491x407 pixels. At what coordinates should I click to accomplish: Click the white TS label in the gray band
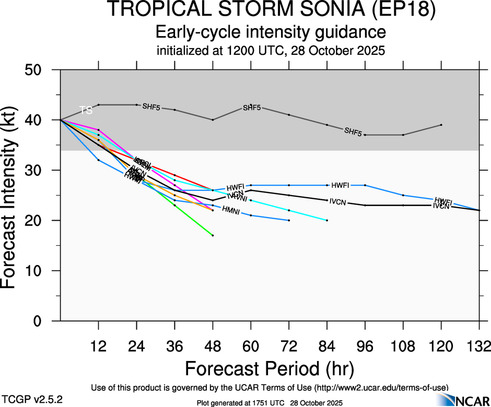coord(86,110)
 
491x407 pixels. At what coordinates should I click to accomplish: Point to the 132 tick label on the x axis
coord(478,346)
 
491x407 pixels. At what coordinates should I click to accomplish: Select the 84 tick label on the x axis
coord(326,346)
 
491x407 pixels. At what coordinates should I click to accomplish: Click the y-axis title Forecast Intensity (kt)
coord(15,195)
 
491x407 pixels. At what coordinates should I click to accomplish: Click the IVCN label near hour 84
coord(338,202)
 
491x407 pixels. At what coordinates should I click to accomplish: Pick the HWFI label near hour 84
coord(340,185)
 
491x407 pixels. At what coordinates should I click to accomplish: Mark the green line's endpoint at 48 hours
coord(213,235)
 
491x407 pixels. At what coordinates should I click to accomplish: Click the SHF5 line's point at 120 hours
coord(441,125)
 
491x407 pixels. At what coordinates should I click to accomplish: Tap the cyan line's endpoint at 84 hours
coord(327,220)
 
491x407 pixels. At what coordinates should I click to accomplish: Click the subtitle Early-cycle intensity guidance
coord(271,32)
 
